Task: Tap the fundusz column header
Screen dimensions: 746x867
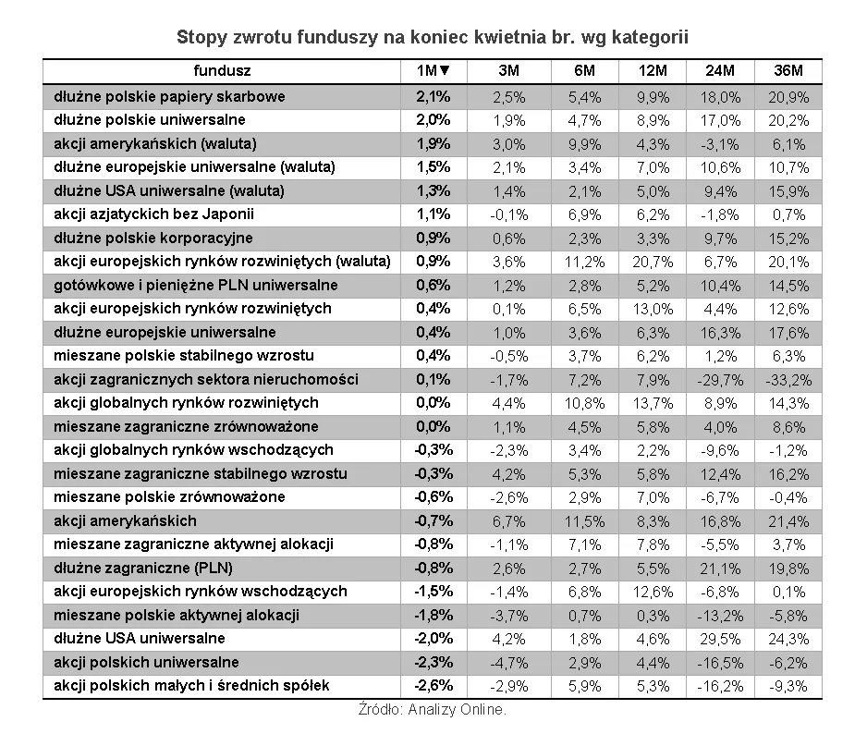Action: (222, 71)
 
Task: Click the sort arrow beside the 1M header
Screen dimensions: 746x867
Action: (445, 71)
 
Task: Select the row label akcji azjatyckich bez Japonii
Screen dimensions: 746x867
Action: (153, 214)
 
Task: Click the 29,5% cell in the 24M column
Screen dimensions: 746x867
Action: (720, 639)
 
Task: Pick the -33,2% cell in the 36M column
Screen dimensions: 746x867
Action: (788, 379)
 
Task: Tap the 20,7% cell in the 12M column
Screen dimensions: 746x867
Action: (654, 262)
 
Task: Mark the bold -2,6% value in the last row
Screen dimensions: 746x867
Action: (433, 686)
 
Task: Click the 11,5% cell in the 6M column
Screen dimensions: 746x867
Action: (585, 520)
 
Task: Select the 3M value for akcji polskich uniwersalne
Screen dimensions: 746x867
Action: (508, 662)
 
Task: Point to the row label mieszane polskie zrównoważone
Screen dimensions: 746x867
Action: (170, 497)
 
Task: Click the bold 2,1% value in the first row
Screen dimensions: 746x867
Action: (433, 96)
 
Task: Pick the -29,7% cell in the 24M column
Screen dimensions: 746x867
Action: (720, 379)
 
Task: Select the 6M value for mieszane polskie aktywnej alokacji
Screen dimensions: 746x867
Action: (587, 615)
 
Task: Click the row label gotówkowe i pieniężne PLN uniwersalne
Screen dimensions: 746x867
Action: (196, 285)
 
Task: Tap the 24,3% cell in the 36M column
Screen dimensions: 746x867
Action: (788, 639)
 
